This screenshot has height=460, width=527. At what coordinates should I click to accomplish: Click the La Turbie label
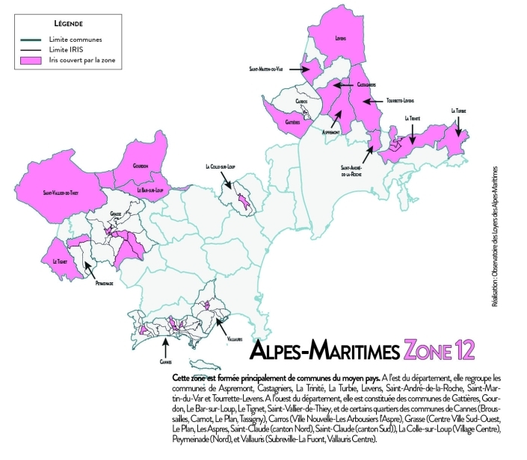(459, 111)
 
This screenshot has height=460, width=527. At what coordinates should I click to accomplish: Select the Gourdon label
(141, 164)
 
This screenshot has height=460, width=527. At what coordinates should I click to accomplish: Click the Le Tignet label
(59, 261)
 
